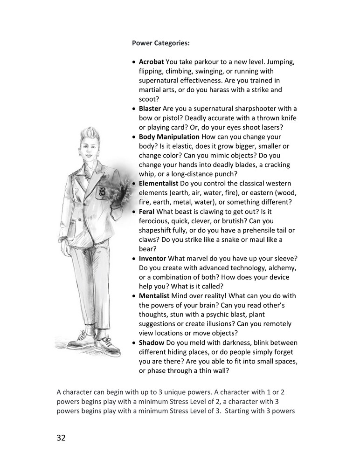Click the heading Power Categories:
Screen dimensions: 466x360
pyautogui.click(x=161, y=43)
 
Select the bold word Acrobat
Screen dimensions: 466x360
pyautogui.click(x=152, y=62)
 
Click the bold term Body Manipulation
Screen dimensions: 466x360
pyautogui.click(x=169, y=137)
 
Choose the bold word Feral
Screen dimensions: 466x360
pyautogui.click(x=147, y=212)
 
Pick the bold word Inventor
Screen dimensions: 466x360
pyautogui.click(x=152, y=258)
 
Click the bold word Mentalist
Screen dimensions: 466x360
pyautogui.click(x=154, y=296)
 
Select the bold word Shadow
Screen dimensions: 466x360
pyautogui.click(x=151, y=343)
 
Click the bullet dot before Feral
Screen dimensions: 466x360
pyautogui.click(x=134, y=212)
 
